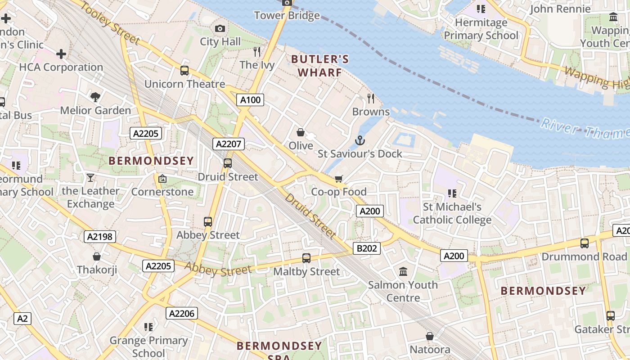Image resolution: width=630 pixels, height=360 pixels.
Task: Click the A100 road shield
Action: click(250, 100)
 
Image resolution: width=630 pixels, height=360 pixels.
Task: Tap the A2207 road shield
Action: click(229, 144)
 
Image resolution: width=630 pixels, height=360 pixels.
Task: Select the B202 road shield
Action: click(367, 248)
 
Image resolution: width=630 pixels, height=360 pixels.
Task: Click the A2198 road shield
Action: click(99, 237)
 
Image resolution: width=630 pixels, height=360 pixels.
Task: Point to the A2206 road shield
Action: click(182, 313)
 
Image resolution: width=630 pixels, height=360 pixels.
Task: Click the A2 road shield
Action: click(22, 319)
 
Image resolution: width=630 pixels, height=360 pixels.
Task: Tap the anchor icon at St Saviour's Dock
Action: click(360, 141)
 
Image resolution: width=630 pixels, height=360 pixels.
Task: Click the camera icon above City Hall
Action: click(220, 29)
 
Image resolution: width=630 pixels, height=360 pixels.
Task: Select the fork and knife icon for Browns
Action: click(371, 98)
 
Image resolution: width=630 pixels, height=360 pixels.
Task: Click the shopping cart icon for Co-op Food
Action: click(339, 179)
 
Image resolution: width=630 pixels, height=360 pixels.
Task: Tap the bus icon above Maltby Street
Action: click(306, 258)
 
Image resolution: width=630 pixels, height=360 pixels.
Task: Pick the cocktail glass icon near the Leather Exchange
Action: click(90, 178)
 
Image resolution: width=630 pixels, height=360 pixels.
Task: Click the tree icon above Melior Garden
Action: click(95, 97)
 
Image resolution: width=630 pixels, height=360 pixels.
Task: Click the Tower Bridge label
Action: click(287, 16)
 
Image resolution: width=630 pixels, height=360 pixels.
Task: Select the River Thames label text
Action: click(585, 128)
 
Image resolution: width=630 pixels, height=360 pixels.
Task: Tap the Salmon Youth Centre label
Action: click(403, 291)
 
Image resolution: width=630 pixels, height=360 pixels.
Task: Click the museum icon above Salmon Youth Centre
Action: click(403, 272)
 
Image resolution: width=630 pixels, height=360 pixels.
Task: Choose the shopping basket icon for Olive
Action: click(301, 132)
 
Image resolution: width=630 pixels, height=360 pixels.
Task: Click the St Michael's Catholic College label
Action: click(452, 213)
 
